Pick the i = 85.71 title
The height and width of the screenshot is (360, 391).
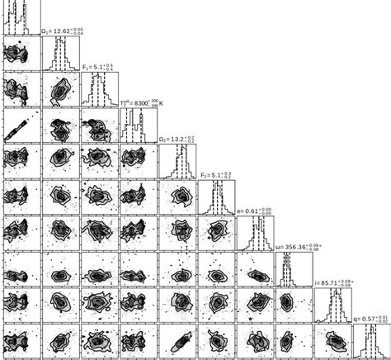[333, 283]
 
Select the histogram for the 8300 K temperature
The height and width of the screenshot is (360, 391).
[137, 126]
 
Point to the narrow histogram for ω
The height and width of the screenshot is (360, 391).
[293, 268]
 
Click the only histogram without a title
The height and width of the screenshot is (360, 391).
[20, 19]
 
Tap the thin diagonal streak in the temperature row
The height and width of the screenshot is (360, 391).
[20, 126]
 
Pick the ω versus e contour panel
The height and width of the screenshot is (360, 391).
[254, 268]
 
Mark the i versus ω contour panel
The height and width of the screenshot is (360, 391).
[293, 305]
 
